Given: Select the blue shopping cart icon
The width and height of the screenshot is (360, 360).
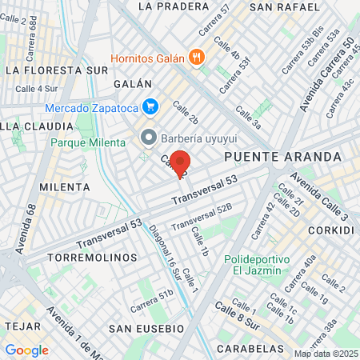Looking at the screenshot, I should point(149,106).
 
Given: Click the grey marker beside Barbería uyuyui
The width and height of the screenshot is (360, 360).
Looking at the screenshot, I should point(149,137).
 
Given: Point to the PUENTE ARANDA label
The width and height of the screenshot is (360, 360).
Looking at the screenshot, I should point(267,158).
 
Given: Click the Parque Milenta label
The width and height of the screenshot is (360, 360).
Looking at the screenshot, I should point(88,142).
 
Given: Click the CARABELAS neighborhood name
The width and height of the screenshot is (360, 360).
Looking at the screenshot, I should point(248,349).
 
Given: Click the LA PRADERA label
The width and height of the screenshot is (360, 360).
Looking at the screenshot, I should point(167,6).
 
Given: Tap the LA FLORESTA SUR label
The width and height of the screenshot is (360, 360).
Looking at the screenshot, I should point(56,70).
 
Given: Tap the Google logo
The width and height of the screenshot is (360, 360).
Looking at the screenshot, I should point(26,350).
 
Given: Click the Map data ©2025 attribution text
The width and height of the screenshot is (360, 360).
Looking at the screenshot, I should point(325,354).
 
